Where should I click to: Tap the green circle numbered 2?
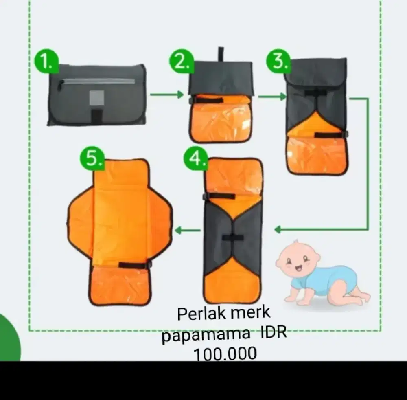(x=182, y=61)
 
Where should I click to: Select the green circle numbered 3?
(x=279, y=61)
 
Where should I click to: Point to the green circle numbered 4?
(x=196, y=158)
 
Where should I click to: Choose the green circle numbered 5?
(x=92, y=158)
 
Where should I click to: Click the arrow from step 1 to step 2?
(x=167, y=94)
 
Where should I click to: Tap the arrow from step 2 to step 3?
(x=272, y=97)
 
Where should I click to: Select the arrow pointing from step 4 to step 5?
(x=188, y=230)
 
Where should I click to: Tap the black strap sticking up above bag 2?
(x=221, y=55)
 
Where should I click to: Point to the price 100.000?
(x=225, y=354)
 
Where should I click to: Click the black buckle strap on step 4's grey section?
(x=233, y=237)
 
